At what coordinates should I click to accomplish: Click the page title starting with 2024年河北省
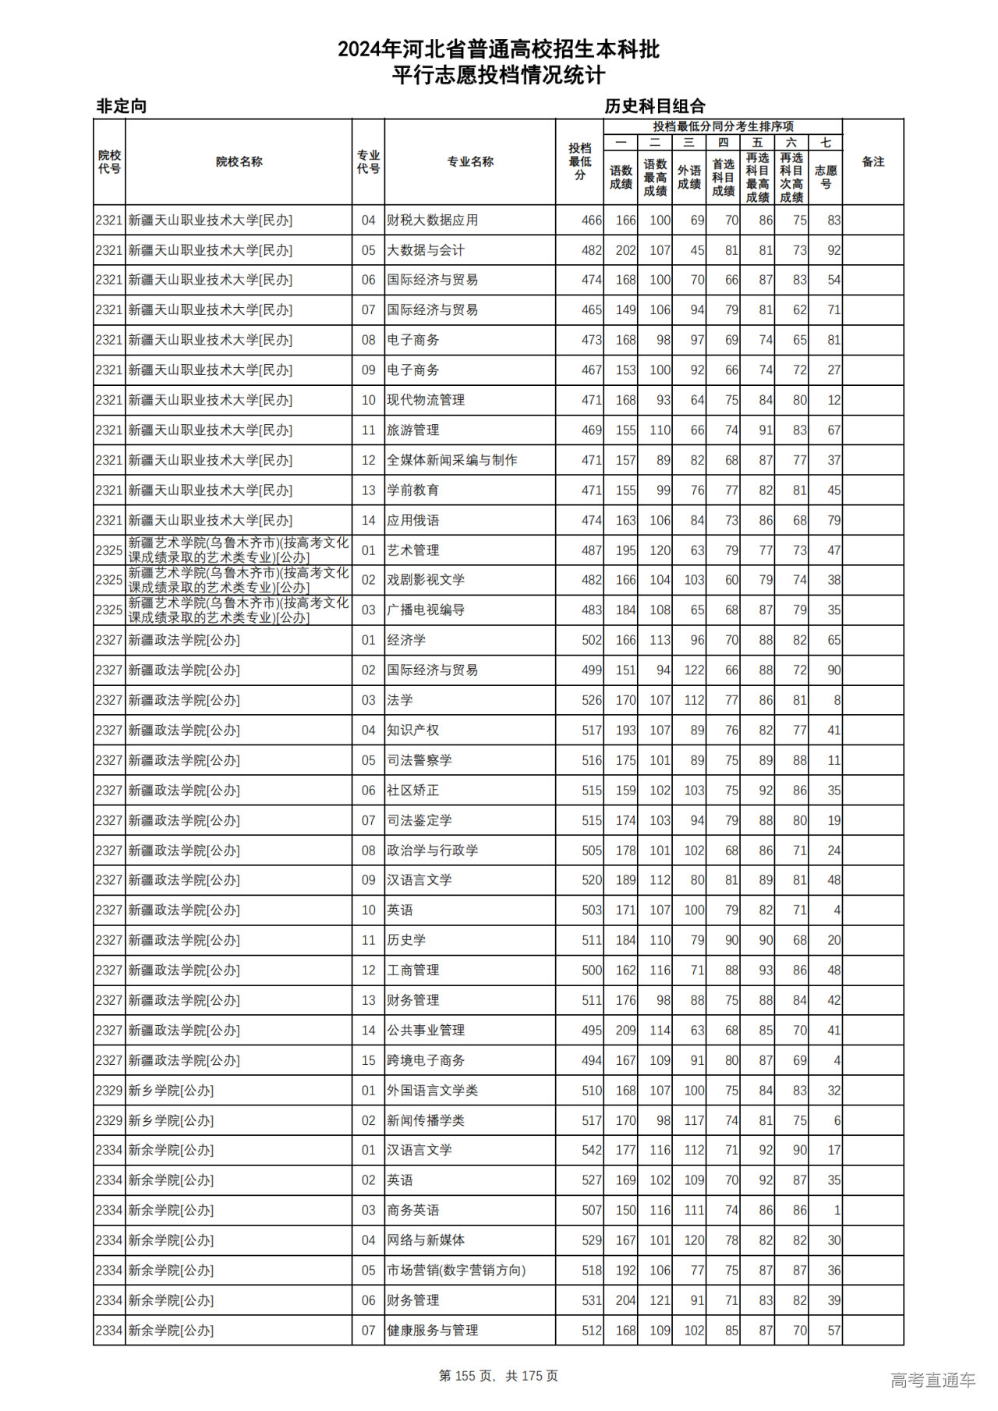pos(498,50)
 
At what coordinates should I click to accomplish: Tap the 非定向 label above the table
pos(121,106)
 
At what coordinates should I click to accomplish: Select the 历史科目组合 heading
pos(655,106)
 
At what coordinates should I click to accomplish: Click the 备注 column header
pos(872,162)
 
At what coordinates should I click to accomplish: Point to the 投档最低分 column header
pos(579,162)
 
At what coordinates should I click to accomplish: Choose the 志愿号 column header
pos(825,177)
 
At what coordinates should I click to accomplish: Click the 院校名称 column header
pos(239,162)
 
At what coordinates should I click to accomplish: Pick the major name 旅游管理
pos(413,430)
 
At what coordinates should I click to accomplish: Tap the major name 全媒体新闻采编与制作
pos(452,461)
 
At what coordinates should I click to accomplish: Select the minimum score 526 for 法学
pos(592,701)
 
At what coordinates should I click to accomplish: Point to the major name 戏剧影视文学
pos(426,580)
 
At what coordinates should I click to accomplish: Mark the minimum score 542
pos(592,1151)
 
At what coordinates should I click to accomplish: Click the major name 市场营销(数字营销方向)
pos(456,1271)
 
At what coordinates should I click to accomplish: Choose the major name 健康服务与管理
pos(433,1331)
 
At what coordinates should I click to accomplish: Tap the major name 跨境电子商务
pos(426,1061)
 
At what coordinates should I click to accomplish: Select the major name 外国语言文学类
pos(433,1091)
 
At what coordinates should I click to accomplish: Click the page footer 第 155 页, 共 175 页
pos(498,1376)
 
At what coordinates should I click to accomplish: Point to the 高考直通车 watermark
pos(933,1381)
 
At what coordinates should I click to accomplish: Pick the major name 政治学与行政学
pos(433,850)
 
